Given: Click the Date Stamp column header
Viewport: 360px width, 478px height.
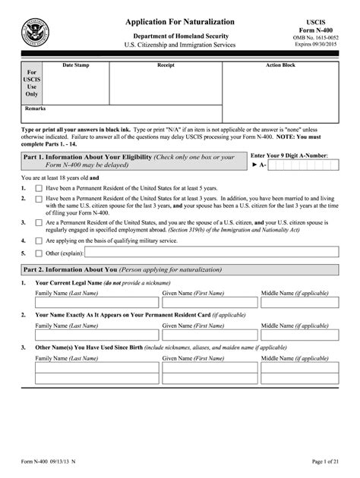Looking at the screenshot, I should pos(75,66).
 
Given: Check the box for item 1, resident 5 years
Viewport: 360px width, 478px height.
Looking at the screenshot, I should pos(39,187).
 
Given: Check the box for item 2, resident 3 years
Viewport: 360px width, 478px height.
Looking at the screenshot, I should pos(39,198).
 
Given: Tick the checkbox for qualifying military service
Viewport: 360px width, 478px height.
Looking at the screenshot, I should pos(39,241).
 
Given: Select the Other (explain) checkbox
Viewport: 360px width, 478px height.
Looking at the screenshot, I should pos(39,253).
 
